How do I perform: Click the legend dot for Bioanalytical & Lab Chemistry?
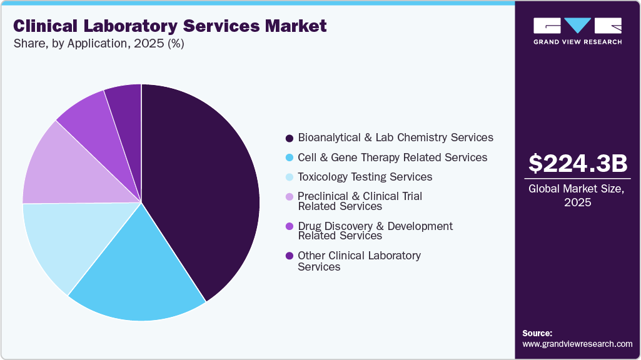(x=289, y=138)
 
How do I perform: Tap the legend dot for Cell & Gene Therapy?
(x=289, y=158)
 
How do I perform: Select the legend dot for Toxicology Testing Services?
(x=289, y=177)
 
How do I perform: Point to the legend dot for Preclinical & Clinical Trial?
(x=289, y=197)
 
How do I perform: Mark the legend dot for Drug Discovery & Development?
(x=289, y=227)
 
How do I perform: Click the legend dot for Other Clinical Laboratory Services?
(x=289, y=256)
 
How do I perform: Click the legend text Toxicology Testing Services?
(x=365, y=177)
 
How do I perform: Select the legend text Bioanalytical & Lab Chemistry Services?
(x=395, y=137)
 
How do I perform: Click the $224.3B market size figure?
(x=577, y=164)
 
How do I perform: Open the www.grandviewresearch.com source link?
(x=577, y=344)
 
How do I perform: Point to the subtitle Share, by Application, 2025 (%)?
(x=98, y=44)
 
